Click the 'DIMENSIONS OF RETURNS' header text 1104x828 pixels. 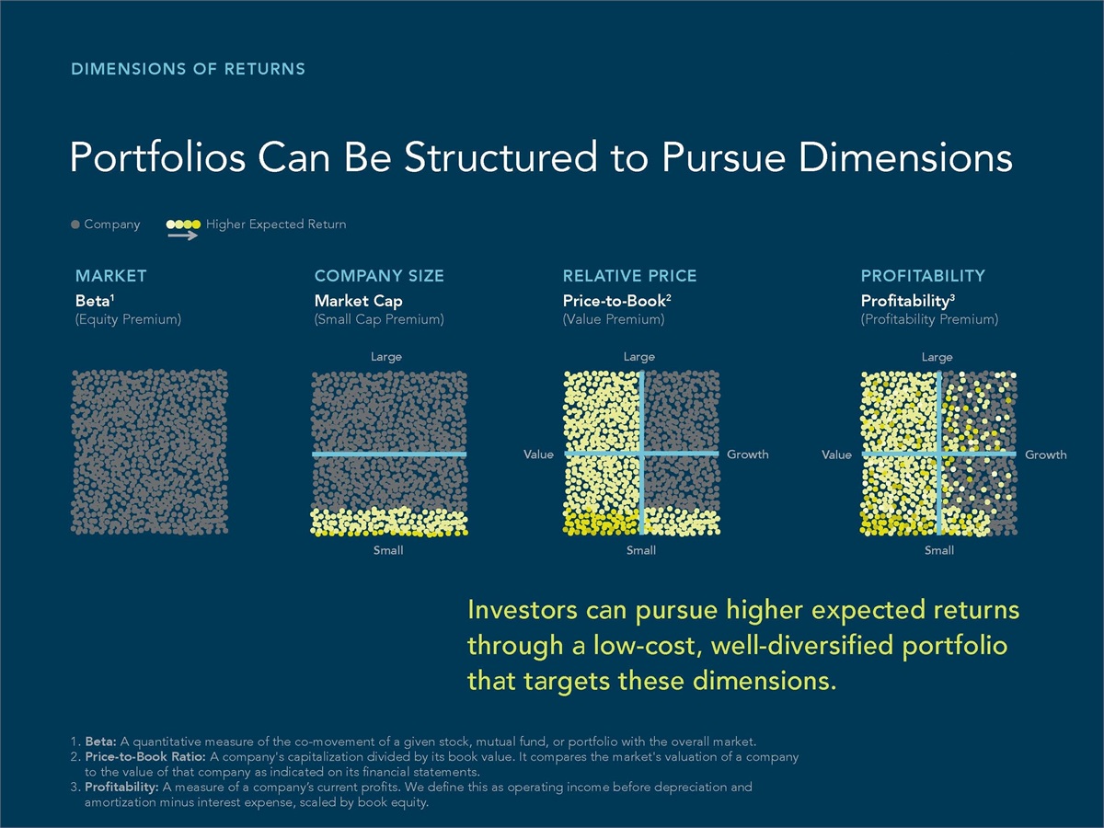point(188,69)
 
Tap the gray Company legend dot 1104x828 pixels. point(75,224)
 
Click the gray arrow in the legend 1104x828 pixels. point(182,236)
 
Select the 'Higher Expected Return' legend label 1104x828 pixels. point(276,224)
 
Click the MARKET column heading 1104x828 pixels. point(110,275)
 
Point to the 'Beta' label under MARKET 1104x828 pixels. point(93,301)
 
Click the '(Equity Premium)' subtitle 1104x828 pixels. point(128,319)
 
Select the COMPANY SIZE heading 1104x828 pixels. point(379,275)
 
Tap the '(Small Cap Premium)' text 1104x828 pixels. point(379,319)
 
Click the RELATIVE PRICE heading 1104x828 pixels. point(629,275)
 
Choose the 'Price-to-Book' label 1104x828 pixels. point(615,301)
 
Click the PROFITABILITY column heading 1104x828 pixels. point(923,275)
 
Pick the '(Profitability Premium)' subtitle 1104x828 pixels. point(929,319)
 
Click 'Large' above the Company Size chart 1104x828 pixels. point(386,357)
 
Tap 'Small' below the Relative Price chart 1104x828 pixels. point(641,550)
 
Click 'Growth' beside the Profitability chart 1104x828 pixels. point(1046,454)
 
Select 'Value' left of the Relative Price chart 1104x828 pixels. point(539,454)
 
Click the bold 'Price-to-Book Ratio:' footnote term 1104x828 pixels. point(144,756)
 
